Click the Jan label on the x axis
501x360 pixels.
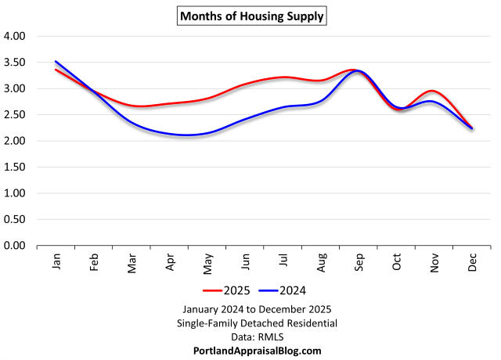pos(56,262)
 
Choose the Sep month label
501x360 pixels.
pos(359,262)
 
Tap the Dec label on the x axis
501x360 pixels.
pos(472,262)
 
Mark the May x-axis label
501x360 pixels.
pos(207,262)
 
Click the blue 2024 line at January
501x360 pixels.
pos(56,61)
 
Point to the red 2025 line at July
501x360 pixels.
pos(283,77)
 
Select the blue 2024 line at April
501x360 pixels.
pos(170,134)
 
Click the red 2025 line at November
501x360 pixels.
pos(434,91)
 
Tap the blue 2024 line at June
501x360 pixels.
pos(245,119)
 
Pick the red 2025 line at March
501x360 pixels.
pos(132,106)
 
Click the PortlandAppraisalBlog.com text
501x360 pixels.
pos(258,351)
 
